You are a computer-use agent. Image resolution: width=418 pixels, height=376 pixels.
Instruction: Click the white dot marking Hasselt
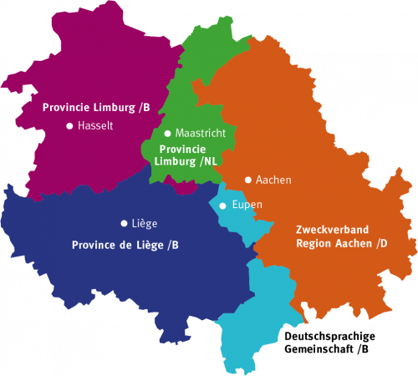click(69, 126)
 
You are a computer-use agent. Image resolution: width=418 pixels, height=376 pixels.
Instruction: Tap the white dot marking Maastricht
click(167, 133)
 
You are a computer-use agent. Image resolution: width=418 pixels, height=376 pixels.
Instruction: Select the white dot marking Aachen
click(248, 180)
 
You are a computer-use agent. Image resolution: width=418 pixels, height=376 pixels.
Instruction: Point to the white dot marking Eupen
click(222, 206)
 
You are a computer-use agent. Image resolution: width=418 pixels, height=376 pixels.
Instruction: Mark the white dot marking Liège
click(124, 223)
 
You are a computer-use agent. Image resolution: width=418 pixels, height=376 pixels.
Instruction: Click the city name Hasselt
click(94, 126)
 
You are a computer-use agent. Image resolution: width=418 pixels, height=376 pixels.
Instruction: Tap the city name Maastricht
click(201, 133)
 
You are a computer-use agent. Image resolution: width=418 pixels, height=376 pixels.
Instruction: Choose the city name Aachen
click(273, 180)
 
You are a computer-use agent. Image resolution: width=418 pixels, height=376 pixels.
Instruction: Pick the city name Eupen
click(247, 205)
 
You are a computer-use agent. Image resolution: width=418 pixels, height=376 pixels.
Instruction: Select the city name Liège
click(145, 223)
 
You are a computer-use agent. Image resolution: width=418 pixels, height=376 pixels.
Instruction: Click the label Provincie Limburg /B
click(96, 107)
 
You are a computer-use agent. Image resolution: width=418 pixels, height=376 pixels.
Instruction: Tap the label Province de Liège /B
click(125, 245)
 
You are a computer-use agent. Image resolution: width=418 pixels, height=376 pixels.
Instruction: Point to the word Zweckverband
click(332, 229)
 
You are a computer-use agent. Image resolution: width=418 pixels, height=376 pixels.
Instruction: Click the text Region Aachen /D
click(341, 243)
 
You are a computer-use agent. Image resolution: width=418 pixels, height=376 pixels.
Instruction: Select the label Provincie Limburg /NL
click(188, 155)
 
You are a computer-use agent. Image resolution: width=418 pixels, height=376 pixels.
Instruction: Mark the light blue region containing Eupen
click(259, 318)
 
